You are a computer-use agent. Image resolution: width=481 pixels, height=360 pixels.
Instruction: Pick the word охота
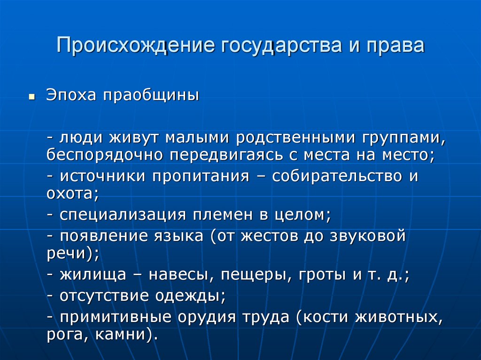tap(69, 193)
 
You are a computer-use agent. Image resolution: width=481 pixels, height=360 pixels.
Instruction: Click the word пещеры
tap(253, 275)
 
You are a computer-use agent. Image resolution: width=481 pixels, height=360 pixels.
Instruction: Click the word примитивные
tap(115, 317)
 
